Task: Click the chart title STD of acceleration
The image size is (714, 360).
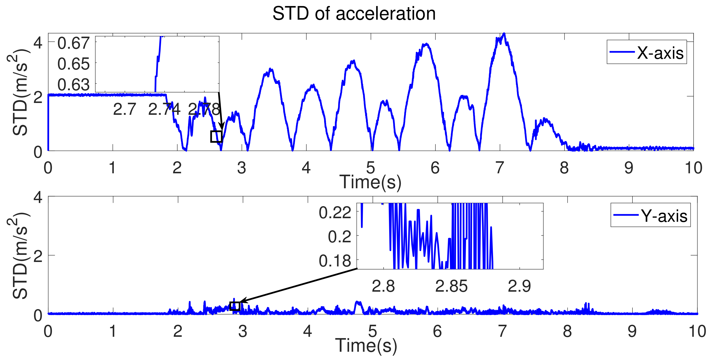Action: pyautogui.click(x=354, y=13)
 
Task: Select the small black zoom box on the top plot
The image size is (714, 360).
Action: pyautogui.click(x=216, y=136)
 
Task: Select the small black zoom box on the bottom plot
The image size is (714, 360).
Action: pyautogui.click(x=235, y=306)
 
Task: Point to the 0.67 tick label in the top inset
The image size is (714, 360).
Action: pyautogui.click(x=73, y=43)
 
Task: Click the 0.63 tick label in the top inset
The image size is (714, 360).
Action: pyautogui.click(x=73, y=84)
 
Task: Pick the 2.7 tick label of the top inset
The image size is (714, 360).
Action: pyautogui.click(x=124, y=109)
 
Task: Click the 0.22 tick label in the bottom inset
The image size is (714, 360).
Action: pyautogui.click(x=335, y=213)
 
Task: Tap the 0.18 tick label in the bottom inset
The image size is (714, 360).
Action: pyautogui.click(x=335, y=261)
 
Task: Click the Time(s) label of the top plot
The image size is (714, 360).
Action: pyautogui.click(x=370, y=182)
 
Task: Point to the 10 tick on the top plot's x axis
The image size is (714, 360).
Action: pyautogui.click(x=693, y=168)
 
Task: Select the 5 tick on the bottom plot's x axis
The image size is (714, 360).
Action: pyautogui.click(x=372, y=331)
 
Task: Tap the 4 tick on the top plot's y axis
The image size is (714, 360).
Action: pyautogui.click(x=38, y=43)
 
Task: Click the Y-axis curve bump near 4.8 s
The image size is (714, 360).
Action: pyautogui.click(x=358, y=303)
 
